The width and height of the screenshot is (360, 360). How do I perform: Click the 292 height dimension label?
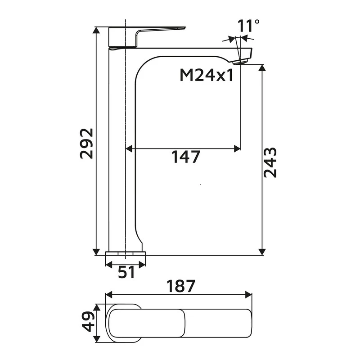86,143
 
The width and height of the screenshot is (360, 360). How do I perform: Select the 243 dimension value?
270,162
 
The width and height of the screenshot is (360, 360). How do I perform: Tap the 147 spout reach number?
185,157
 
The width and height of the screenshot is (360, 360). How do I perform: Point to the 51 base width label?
126,272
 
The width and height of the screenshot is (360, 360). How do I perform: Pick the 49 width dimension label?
88,320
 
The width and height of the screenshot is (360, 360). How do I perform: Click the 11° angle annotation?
248,26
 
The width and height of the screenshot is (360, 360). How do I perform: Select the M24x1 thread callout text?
207,75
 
